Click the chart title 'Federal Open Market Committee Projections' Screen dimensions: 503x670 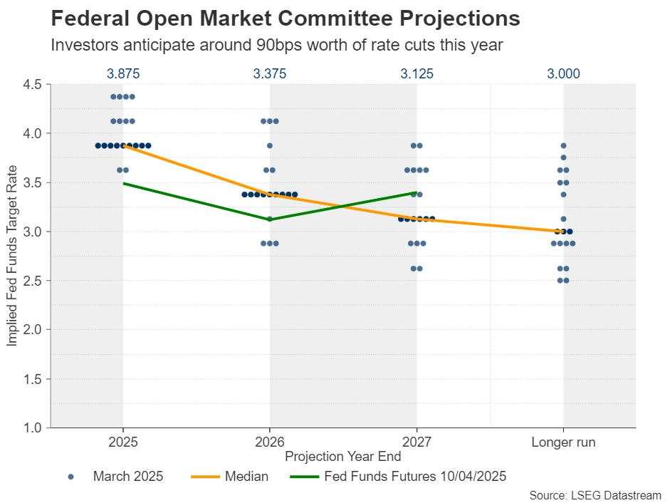pos(286,18)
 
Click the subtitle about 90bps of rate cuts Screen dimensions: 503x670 pos(277,45)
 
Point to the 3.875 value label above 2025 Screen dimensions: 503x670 pos(122,73)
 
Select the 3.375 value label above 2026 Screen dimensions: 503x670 pos(269,73)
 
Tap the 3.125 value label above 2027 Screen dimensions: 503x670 pos(417,73)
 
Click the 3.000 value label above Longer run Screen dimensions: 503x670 pos(563,73)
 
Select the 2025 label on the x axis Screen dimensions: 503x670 pos(122,442)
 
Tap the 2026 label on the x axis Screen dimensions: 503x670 pos(269,442)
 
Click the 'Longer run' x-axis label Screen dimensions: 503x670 pos(563,442)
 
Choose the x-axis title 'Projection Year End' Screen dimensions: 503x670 pos(342,457)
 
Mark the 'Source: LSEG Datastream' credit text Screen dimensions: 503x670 pos(595,494)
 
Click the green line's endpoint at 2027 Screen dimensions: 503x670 pos(417,192)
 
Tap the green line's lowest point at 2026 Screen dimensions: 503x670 pos(269,219)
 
